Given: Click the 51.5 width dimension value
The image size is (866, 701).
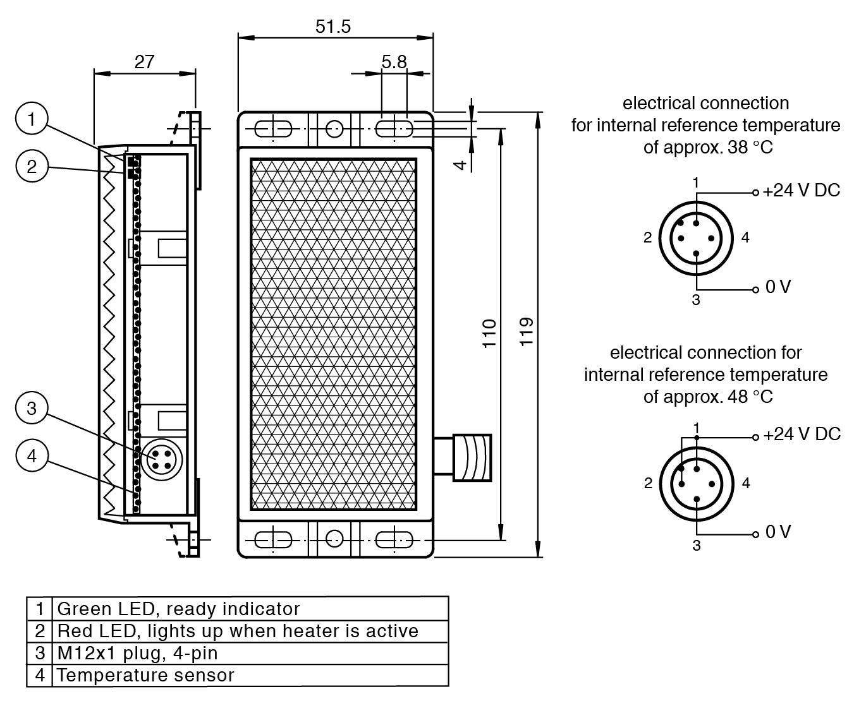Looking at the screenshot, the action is point(332,27).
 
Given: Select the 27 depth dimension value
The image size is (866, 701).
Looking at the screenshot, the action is point(144,62).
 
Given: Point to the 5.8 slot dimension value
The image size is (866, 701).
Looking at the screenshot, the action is point(394,62).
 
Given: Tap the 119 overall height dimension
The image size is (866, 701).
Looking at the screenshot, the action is point(526,332).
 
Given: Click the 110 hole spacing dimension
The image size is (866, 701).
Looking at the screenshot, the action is point(489,333).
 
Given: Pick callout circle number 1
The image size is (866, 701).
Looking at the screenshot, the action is point(32,118).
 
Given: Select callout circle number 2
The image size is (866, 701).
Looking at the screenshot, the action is point(32,166).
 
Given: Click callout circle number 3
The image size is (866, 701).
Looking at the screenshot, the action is point(32,408).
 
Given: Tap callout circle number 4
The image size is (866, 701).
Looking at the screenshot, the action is point(32,455).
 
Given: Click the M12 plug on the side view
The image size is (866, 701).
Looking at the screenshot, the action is point(161,459).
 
